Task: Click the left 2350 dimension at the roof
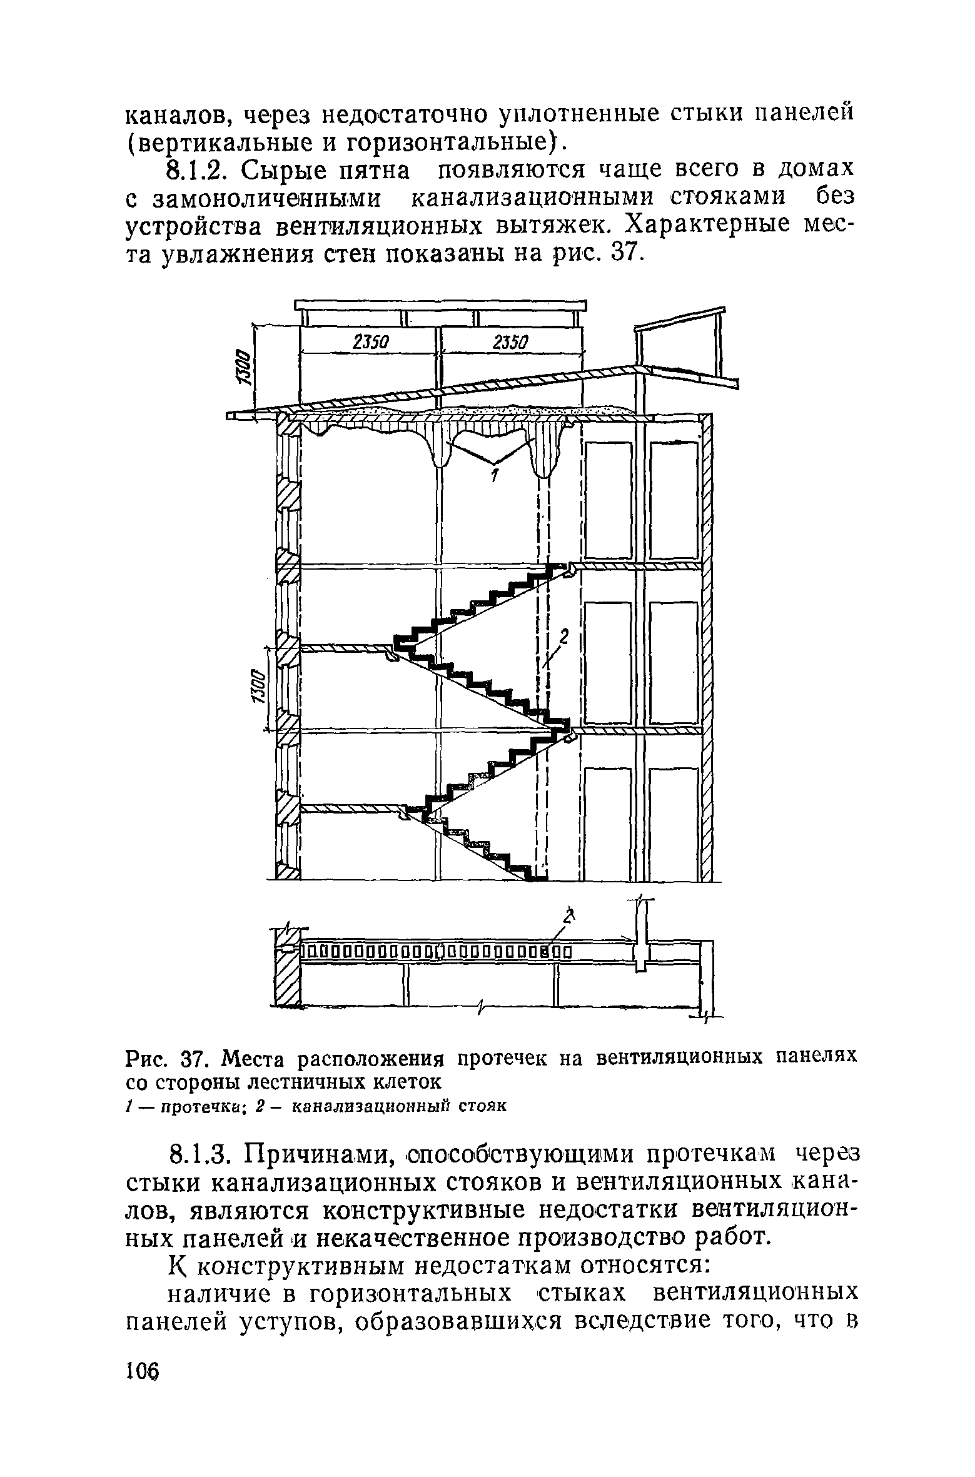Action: [x=371, y=342]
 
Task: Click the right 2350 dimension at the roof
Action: [x=511, y=342]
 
